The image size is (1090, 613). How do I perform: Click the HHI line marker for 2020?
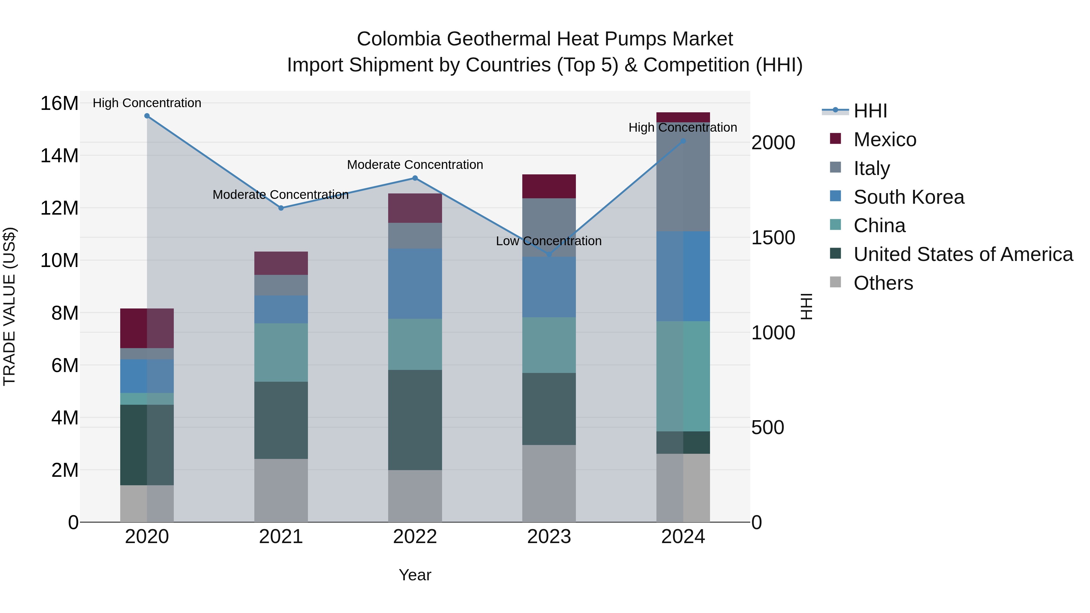click(x=147, y=116)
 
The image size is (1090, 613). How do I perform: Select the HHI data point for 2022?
click(x=415, y=178)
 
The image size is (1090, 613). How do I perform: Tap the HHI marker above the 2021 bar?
click(x=281, y=208)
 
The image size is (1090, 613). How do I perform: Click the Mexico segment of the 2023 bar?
click(x=549, y=186)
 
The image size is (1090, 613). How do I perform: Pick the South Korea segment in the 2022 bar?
click(x=415, y=283)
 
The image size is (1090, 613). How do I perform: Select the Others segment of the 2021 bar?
click(x=281, y=490)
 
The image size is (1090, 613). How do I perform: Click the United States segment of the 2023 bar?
click(x=549, y=409)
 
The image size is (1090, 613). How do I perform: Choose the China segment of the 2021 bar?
click(x=281, y=352)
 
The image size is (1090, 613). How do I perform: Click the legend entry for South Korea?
click(x=908, y=197)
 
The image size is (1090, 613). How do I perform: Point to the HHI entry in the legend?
click(x=870, y=111)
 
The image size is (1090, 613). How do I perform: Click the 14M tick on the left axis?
click(x=59, y=156)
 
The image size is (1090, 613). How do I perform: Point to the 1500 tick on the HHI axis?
click(x=773, y=238)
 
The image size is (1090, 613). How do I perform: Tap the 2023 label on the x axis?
click(x=549, y=537)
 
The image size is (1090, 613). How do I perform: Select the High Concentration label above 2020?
click(x=147, y=103)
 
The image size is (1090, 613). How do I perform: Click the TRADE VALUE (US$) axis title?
click(x=9, y=306)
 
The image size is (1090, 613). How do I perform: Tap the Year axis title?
click(x=415, y=575)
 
